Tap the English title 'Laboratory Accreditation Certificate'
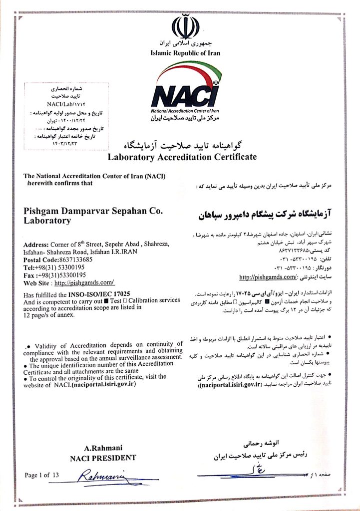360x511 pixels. coord(183,157)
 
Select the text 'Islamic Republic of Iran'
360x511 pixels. coord(185,53)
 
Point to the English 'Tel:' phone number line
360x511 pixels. coord(54,267)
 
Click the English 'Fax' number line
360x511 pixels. coord(54,274)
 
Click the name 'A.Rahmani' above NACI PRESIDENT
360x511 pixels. coord(103,448)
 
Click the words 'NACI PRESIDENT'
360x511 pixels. coord(103,457)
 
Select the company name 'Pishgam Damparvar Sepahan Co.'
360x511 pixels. coord(93,211)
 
